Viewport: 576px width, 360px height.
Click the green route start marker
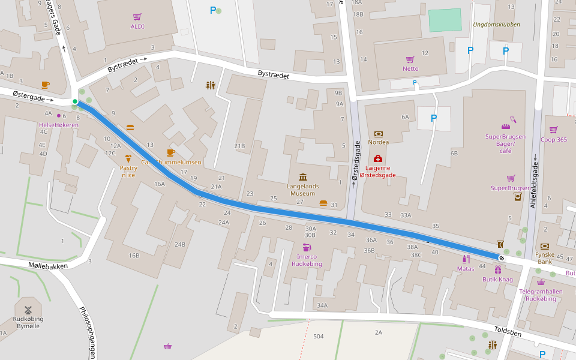[75, 101]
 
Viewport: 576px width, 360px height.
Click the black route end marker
[501, 257]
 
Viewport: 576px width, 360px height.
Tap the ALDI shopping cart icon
[137, 17]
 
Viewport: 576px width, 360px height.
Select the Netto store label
[410, 68]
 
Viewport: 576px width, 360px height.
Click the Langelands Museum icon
[302, 177]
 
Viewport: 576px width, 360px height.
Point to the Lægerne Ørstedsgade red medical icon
[378, 158]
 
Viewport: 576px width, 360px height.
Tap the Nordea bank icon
[379, 134]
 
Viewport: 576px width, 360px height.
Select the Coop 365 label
[553, 140]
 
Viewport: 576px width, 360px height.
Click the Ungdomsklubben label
[496, 25]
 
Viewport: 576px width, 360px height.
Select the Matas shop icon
[465, 259]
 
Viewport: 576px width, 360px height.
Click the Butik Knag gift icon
[498, 270]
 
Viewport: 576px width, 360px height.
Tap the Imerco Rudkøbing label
[307, 260]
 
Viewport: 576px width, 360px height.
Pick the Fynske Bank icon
[545, 246]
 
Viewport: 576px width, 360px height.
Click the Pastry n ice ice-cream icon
[128, 158]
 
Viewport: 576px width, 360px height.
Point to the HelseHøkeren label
[58, 125]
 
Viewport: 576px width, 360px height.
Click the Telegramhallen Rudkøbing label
[541, 295]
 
